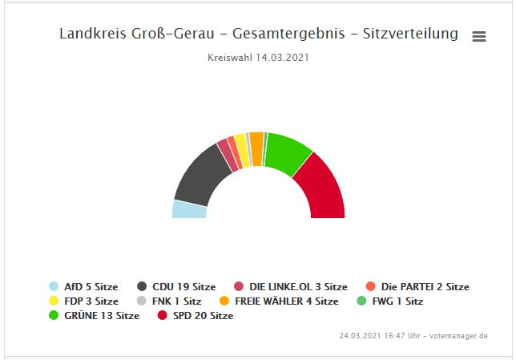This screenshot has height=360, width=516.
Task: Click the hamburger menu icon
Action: click(479, 36)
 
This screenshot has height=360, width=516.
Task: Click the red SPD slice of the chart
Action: click(321, 188)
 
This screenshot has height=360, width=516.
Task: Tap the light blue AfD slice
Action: click(189, 209)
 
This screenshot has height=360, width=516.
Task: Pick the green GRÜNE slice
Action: click(286, 152)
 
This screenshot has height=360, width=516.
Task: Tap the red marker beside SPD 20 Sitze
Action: click(163, 315)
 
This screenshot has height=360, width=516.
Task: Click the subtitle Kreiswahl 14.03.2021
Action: click(258, 58)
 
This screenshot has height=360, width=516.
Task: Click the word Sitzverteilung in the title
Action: click(410, 34)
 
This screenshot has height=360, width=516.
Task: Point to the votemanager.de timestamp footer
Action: click(413, 335)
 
